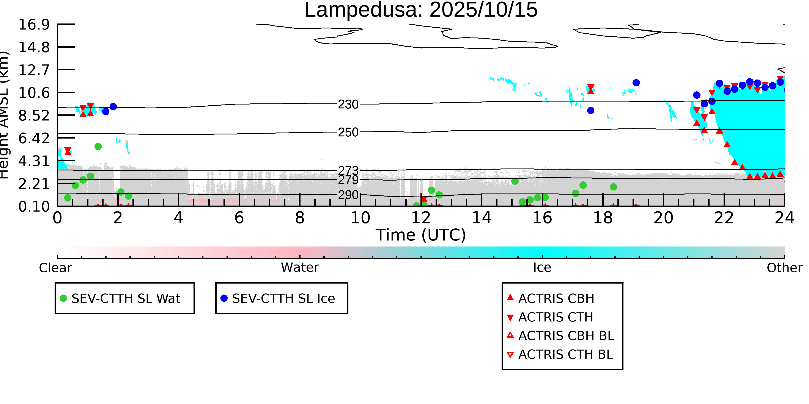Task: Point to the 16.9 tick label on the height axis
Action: [34, 25]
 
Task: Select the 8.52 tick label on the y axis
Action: [34, 115]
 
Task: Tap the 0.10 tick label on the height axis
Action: [34, 206]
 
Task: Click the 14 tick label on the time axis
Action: [482, 218]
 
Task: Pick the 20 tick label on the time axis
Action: [663, 218]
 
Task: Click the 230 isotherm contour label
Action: [348, 105]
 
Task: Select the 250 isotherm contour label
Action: [348, 132]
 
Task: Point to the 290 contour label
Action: [348, 195]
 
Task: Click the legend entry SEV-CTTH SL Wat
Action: [126, 298]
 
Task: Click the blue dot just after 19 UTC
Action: [636, 83]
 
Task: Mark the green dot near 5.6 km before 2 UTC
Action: [98, 147]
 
